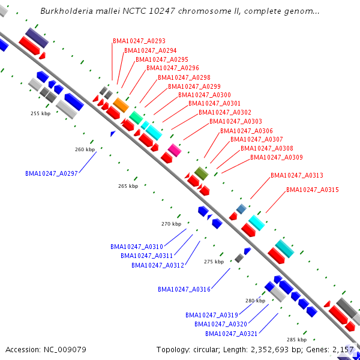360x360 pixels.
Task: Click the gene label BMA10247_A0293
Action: (x=139, y=41)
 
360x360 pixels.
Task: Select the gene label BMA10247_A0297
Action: (x=52, y=173)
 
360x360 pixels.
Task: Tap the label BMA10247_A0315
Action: (x=313, y=190)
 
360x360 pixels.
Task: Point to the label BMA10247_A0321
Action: (x=232, y=334)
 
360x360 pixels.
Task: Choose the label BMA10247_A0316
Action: (x=184, y=289)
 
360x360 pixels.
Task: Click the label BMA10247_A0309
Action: (x=277, y=158)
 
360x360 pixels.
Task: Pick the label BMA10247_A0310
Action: (x=137, y=247)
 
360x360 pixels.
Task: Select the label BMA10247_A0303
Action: (x=236, y=122)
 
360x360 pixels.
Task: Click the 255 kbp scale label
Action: (x=40, y=113)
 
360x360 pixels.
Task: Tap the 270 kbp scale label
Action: (x=171, y=224)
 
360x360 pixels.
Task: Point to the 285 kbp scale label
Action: (x=296, y=340)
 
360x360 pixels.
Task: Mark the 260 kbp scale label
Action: (x=85, y=149)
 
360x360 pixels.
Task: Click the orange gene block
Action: (x=121, y=105)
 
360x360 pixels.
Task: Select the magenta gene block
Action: (x=175, y=149)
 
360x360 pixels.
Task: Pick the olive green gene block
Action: (x=201, y=173)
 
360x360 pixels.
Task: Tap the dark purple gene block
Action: (x=37, y=37)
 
